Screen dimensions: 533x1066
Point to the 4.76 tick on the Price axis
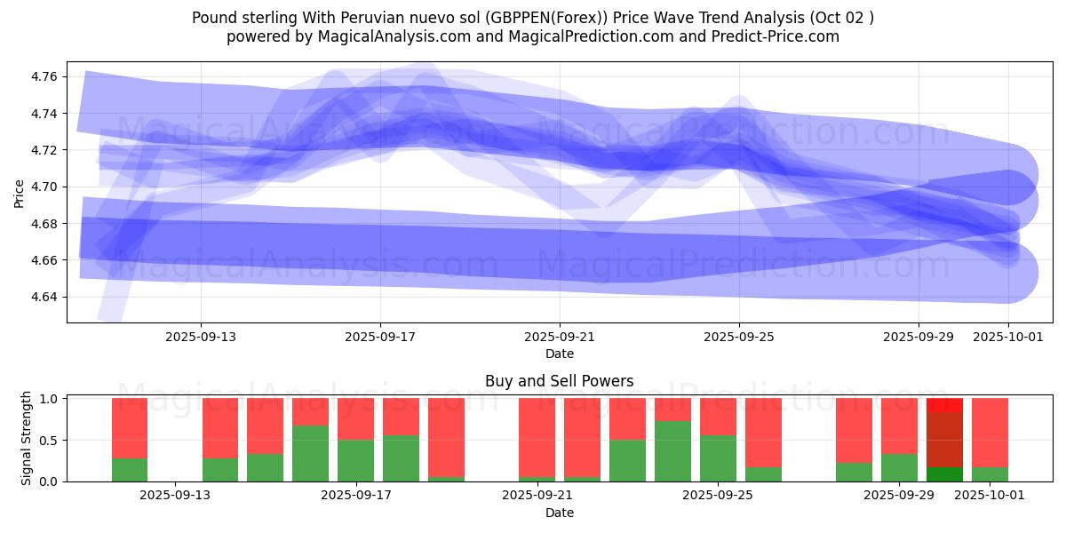click(x=44, y=77)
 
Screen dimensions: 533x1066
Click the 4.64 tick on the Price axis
click(x=44, y=297)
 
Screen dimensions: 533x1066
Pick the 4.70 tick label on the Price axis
click(x=44, y=187)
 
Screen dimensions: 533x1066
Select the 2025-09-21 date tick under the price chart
click(x=560, y=338)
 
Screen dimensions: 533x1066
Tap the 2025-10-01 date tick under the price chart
click(x=1007, y=338)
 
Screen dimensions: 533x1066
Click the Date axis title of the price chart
click(x=560, y=354)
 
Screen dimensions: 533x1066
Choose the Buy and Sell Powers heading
click(x=560, y=382)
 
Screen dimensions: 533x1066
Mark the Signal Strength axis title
click(x=27, y=438)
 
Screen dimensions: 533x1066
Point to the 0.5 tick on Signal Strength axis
click(x=50, y=441)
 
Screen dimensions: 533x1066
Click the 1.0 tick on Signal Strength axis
click(x=50, y=399)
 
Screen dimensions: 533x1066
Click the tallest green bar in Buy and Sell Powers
click(x=672, y=451)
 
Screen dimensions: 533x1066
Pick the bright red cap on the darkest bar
click(x=944, y=405)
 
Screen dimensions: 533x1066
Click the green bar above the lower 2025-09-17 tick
click(x=355, y=460)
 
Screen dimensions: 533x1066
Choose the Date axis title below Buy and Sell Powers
click(x=560, y=513)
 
